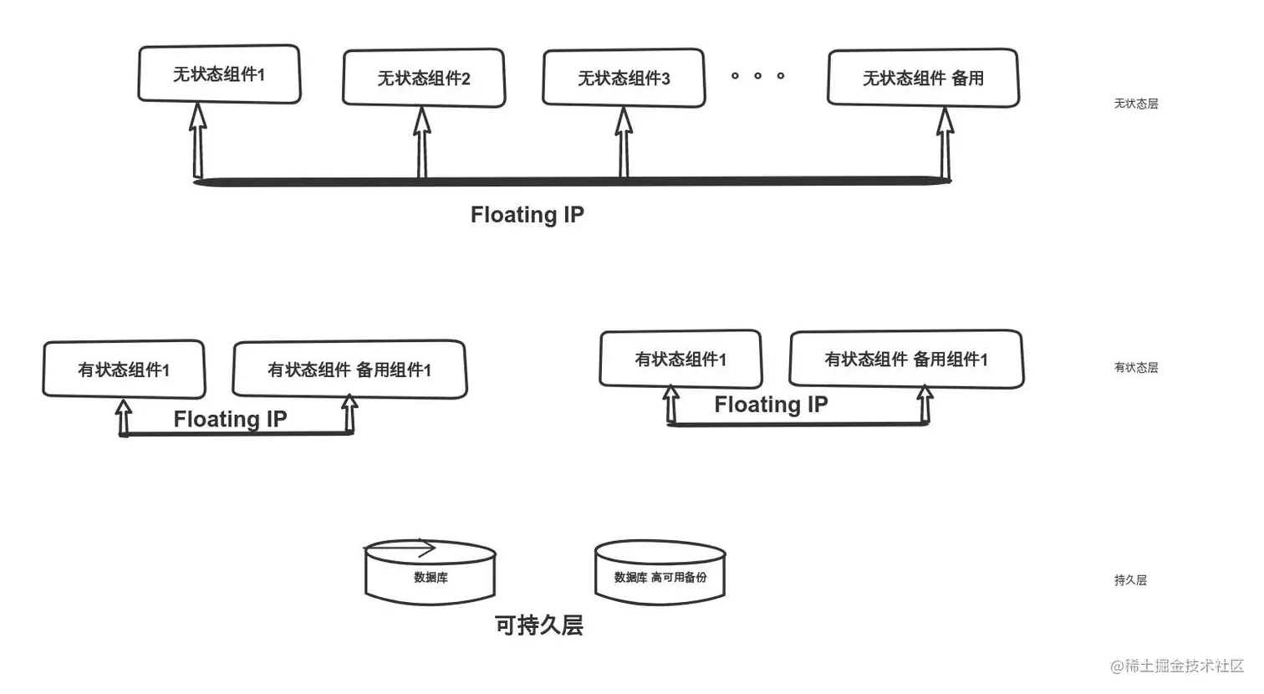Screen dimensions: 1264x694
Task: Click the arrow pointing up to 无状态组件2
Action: coord(422,142)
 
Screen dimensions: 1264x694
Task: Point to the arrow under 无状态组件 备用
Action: coord(945,143)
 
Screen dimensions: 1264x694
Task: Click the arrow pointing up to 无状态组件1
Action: coord(197,140)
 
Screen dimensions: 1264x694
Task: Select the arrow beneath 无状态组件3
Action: coord(624,142)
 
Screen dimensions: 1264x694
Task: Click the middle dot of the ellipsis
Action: coord(758,75)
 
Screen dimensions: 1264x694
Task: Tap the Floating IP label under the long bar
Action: coord(527,215)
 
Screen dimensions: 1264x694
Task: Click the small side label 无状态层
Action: coord(1136,104)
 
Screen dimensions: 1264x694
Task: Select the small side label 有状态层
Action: coord(1136,368)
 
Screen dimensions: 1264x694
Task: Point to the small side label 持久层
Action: coord(1130,580)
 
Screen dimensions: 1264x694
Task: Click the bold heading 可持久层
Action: coord(539,625)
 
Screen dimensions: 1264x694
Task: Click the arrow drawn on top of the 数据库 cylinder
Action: coord(401,548)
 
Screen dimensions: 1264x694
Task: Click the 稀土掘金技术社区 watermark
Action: coord(1177,666)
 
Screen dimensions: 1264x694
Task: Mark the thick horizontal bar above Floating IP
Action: coord(572,181)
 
